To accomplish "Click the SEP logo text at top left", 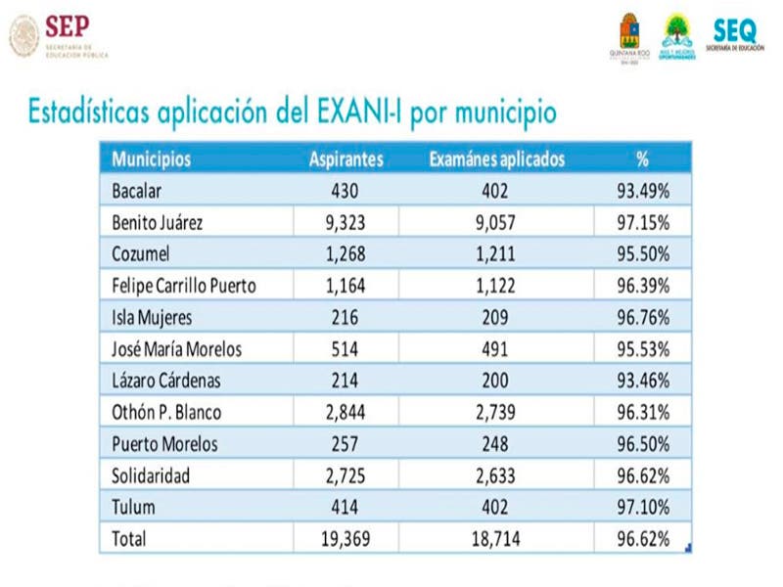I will [x=68, y=26].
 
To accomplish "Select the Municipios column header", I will [x=151, y=159].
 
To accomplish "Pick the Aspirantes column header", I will [x=345, y=159].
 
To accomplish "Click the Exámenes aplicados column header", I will [x=496, y=159].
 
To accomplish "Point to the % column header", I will [x=642, y=159].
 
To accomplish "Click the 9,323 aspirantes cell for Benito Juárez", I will [x=345, y=222].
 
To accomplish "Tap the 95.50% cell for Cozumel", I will [x=642, y=254].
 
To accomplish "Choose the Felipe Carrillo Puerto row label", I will [x=187, y=286].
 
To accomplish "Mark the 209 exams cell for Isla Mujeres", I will [x=496, y=318].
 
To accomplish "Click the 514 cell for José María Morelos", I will [x=345, y=348].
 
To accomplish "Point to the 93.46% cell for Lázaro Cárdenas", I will [x=642, y=381].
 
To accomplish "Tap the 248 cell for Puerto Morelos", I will [x=496, y=444].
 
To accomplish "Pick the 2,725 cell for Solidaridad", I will [x=345, y=475].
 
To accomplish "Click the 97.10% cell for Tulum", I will [x=642, y=507].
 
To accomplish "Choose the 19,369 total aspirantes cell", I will [x=345, y=539].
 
